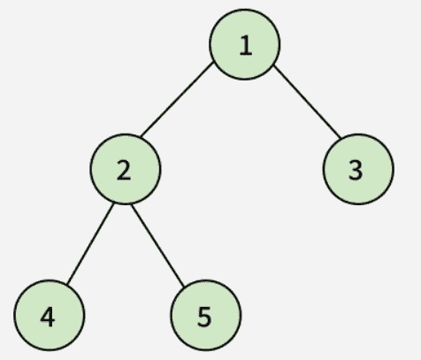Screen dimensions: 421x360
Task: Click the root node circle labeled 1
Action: tap(245, 44)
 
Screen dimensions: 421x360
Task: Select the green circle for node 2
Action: tap(126, 169)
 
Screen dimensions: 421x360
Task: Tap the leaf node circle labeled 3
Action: tap(358, 169)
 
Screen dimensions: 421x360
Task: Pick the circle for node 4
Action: tap(50, 315)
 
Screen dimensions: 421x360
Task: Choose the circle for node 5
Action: tap(206, 315)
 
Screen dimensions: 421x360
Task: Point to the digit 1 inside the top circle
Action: tap(246, 45)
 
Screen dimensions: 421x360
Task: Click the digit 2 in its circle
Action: tap(124, 171)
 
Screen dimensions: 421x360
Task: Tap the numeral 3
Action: tap(356, 171)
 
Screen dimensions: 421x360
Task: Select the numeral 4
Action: tap(48, 317)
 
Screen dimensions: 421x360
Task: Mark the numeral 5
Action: tap(204, 317)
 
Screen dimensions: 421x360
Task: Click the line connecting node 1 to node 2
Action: tap(177, 99)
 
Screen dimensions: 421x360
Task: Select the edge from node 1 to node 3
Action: tap(307, 102)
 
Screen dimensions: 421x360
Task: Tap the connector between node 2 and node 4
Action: tap(90, 243)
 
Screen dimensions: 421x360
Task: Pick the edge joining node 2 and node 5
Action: tap(157, 245)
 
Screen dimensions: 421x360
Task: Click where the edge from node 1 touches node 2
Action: tap(141, 137)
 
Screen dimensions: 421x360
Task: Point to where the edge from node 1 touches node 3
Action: tap(341, 138)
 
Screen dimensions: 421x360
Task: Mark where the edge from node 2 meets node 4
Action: tap(67, 285)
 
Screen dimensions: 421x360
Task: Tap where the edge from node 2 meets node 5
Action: tap(184, 287)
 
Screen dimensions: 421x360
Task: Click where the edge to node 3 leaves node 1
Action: tap(273, 65)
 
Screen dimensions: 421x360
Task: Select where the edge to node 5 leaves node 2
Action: tap(131, 204)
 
